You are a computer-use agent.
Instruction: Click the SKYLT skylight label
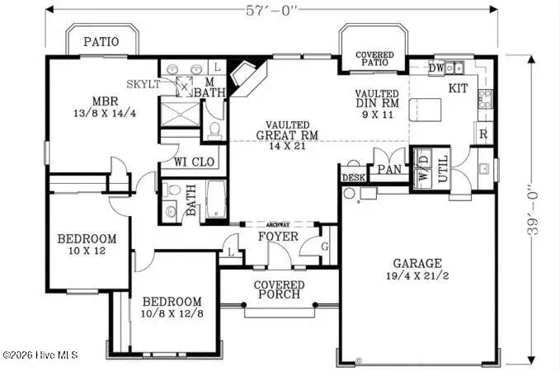pos(144,84)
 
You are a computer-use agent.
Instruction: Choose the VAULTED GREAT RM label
pos(282,130)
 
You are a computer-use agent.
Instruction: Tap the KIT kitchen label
pos(459,87)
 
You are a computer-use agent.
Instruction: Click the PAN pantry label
pos(388,171)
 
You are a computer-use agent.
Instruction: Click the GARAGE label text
pos(417,263)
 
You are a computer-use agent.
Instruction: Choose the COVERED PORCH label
pos(280,289)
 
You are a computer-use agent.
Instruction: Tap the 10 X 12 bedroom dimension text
pos(86,251)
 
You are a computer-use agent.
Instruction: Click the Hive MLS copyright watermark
pos(40,356)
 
